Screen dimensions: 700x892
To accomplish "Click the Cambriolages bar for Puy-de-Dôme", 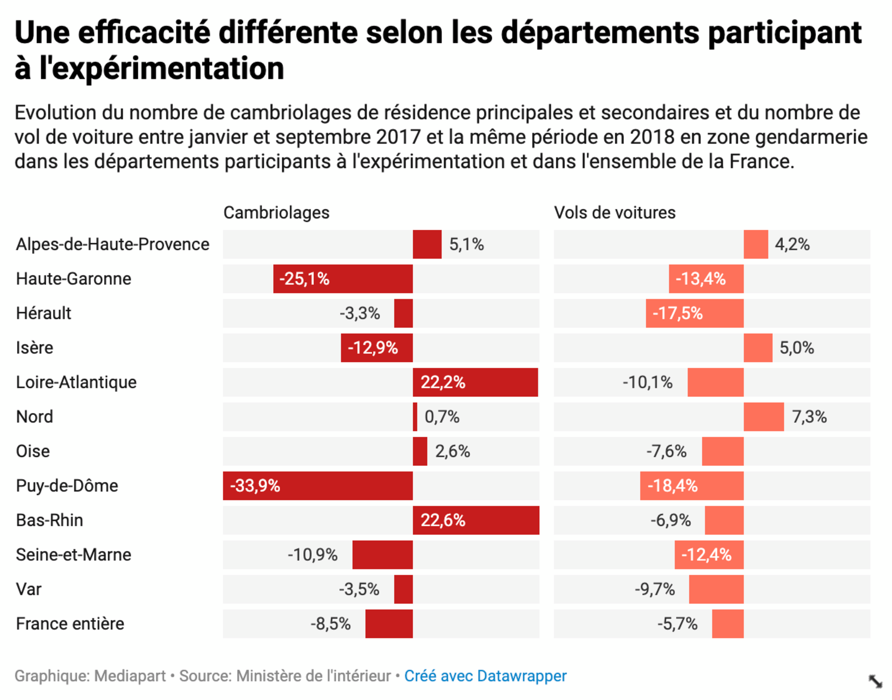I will click(318, 486).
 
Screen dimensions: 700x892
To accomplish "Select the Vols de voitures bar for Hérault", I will click(694, 313).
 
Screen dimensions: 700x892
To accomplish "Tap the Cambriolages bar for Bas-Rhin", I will click(476, 520).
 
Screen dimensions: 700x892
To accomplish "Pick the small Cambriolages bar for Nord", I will click(415, 417).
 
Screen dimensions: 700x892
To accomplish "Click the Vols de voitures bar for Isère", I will click(758, 348).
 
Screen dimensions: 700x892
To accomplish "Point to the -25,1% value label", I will click(304, 279).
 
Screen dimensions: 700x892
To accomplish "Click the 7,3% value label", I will click(809, 417).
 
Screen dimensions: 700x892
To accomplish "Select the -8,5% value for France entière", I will click(330, 624).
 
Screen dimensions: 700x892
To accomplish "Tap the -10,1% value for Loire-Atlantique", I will click(648, 382).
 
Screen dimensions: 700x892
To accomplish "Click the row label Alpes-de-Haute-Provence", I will click(113, 244).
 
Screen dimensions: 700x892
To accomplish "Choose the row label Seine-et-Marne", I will click(74, 555).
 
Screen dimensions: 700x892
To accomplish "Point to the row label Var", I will click(29, 589).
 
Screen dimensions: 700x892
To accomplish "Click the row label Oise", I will click(33, 451).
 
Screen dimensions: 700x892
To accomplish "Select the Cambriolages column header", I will click(277, 213).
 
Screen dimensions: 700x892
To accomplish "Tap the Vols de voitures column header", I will click(614, 213).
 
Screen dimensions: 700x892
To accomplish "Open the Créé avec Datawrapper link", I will click(485, 676).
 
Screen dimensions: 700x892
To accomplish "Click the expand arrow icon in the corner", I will click(875, 681).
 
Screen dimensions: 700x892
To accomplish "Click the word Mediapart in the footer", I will click(130, 676).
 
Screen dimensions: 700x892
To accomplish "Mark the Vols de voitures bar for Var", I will click(716, 589).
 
